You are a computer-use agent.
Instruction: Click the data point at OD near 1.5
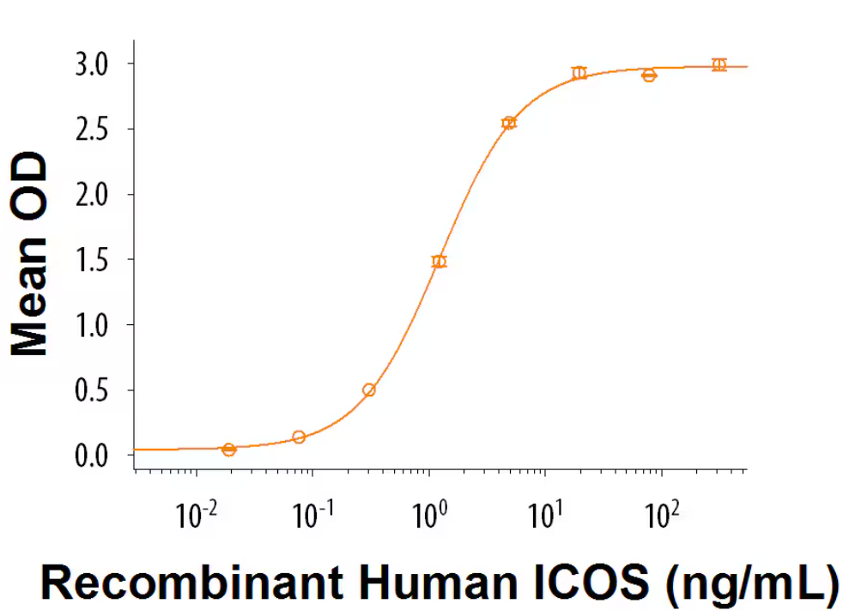pos(440,262)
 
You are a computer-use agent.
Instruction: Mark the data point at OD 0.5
pos(369,390)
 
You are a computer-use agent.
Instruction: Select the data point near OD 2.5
pos(509,123)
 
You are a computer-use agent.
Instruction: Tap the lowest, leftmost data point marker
pos(228,450)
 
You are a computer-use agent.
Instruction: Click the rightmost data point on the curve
pos(719,65)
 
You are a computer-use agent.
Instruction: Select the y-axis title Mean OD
pos(30,255)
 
